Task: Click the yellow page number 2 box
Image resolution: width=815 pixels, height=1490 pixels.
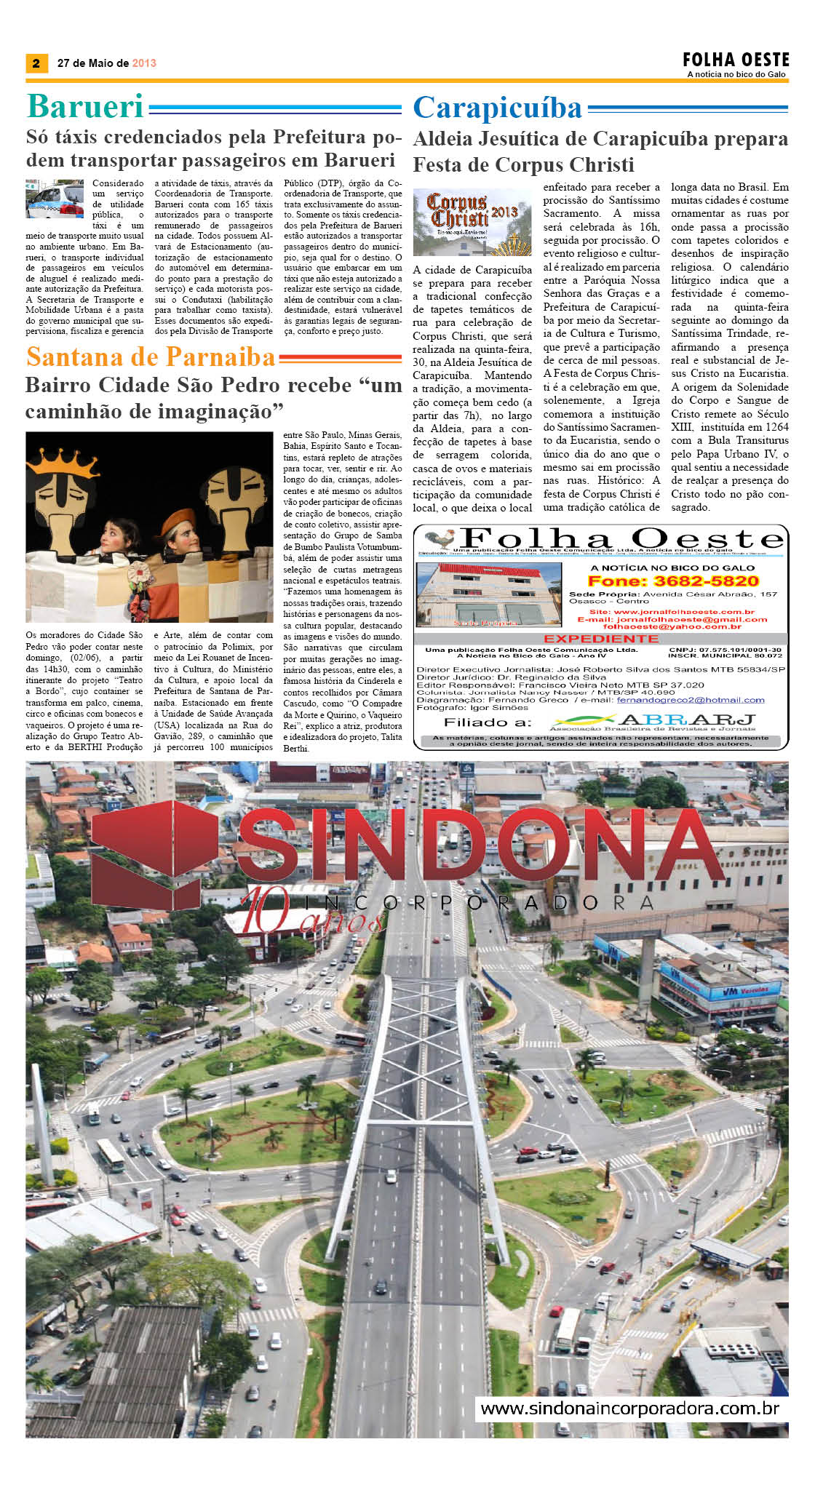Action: pyautogui.click(x=36, y=63)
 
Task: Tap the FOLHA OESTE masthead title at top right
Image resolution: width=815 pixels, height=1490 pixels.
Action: pyautogui.click(x=736, y=60)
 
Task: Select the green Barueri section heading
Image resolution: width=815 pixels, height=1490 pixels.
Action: pyautogui.click(x=85, y=107)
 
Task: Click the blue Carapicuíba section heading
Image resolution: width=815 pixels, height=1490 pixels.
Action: pyautogui.click(x=498, y=108)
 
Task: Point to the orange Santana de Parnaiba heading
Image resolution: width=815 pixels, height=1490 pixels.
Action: pyautogui.click(x=151, y=357)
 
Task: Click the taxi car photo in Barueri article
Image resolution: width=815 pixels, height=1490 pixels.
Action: pyautogui.click(x=55, y=199)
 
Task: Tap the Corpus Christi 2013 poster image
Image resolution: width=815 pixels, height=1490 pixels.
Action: pyautogui.click(x=472, y=222)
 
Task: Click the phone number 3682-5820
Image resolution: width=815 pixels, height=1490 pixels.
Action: pyautogui.click(x=673, y=581)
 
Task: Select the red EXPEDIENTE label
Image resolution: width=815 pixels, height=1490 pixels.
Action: pyautogui.click(x=601, y=638)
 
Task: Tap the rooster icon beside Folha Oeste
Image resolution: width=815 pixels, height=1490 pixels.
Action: pyautogui.click(x=441, y=539)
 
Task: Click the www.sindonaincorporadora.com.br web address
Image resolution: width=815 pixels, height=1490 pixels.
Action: pyautogui.click(x=630, y=1408)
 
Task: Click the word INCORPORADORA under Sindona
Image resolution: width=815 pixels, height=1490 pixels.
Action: pyautogui.click(x=480, y=903)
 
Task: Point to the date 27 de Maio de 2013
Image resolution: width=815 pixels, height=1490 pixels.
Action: pyautogui.click(x=107, y=63)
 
